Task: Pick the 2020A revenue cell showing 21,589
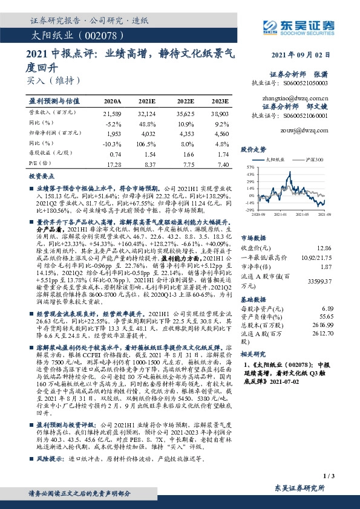click(x=113, y=113)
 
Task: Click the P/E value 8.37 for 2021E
click(x=148, y=164)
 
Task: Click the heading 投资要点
click(x=41, y=177)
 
